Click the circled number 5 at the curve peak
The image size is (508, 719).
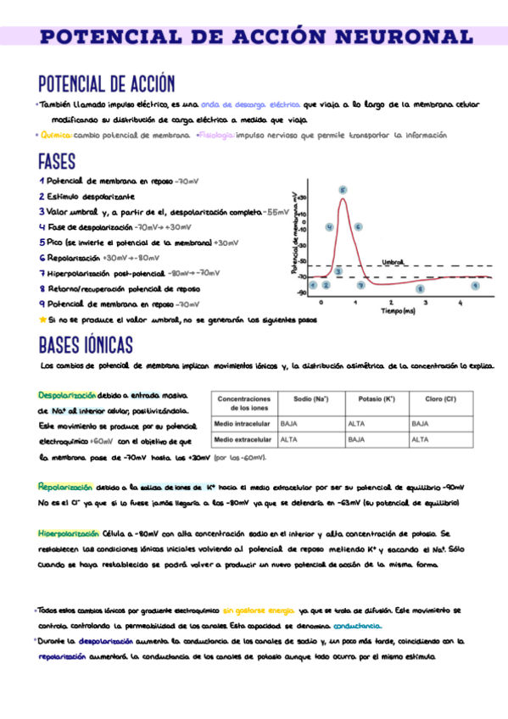(343, 190)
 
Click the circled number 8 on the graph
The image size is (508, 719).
(420, 288)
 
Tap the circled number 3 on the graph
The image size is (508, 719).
(338, 271)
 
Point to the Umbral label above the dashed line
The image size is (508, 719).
(394, 262)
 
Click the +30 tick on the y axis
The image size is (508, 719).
(303, 197)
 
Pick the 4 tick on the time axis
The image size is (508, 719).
(461, 302)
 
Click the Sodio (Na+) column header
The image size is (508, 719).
(310, 399)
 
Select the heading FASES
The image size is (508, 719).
(58, 161)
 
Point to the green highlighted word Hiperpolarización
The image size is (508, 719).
(69, 533)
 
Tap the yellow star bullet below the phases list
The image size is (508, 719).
(43, 320)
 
